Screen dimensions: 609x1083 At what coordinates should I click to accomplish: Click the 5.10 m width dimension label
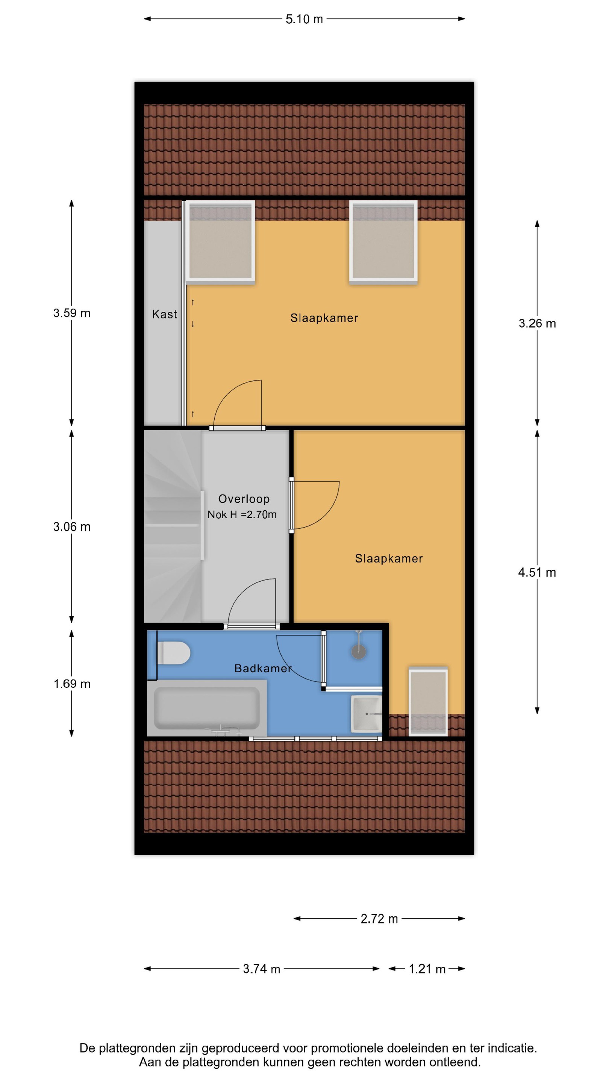pyautogui.click(x=304, y=19)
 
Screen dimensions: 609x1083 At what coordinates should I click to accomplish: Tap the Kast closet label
pyautogui.click(x=164, y=314)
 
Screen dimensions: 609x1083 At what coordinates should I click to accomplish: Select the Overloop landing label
pyautogui.click(x=244, y=499)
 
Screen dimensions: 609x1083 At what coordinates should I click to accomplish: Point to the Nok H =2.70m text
pyautogui.click(x=242, y=514)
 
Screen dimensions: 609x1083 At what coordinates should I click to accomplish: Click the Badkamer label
pyautogui.click(x=263, y=668)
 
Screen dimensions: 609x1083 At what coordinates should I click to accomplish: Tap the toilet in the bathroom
pyautogui.click(x=173, y=653)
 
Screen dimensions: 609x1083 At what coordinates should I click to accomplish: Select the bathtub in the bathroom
pyautogui.click(x=207, y=708)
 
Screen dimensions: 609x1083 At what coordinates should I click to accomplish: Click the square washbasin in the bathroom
pyautogui.click(x=367, y=714)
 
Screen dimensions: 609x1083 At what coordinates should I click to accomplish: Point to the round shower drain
pyautogui.click(x=359, y=651)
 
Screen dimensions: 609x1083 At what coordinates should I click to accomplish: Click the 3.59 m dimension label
pyautogui.click(x=72, y=313)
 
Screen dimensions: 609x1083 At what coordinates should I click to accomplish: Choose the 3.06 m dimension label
pyautogui.click(x=72, y=527)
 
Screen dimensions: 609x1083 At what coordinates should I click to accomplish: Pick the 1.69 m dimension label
pyautogui.click(x=72, y=684)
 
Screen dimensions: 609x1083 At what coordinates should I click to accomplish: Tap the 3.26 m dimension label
pyautogui.click(x=537, y=323)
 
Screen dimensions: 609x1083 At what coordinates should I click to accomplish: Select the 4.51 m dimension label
pyautogui.click(x=537, y=572)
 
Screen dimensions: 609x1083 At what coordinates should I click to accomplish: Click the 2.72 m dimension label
pyautogui.click(x=379, y=919)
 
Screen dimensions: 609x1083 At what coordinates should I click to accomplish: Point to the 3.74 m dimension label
pyautogui.click(x=261, y=969)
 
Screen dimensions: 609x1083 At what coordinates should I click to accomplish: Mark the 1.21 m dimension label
pyautogui.click(x=427, y=969)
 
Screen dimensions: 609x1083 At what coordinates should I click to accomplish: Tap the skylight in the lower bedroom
pyautogui.click(x=428, y=701)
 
